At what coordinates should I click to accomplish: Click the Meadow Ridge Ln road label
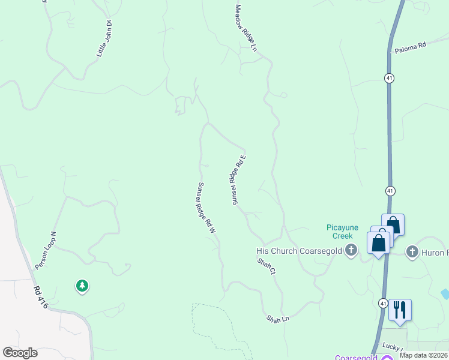point(246,28)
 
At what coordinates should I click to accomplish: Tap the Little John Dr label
point(105,39)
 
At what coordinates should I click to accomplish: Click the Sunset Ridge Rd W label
point(206,208)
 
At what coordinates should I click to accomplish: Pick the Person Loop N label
point(45,250)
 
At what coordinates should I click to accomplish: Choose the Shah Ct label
point(266,266)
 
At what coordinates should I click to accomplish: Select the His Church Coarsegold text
point(298,251)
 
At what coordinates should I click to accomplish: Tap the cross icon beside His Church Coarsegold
point(352,251)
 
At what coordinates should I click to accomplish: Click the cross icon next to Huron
point(412,252)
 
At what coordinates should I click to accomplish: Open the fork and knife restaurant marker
point(400,310)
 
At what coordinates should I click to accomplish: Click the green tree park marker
point(82,286)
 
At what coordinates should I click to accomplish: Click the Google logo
point(20,353)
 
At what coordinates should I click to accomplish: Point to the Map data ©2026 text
point(424,355)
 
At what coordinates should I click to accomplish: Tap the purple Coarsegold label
point(357,358)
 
